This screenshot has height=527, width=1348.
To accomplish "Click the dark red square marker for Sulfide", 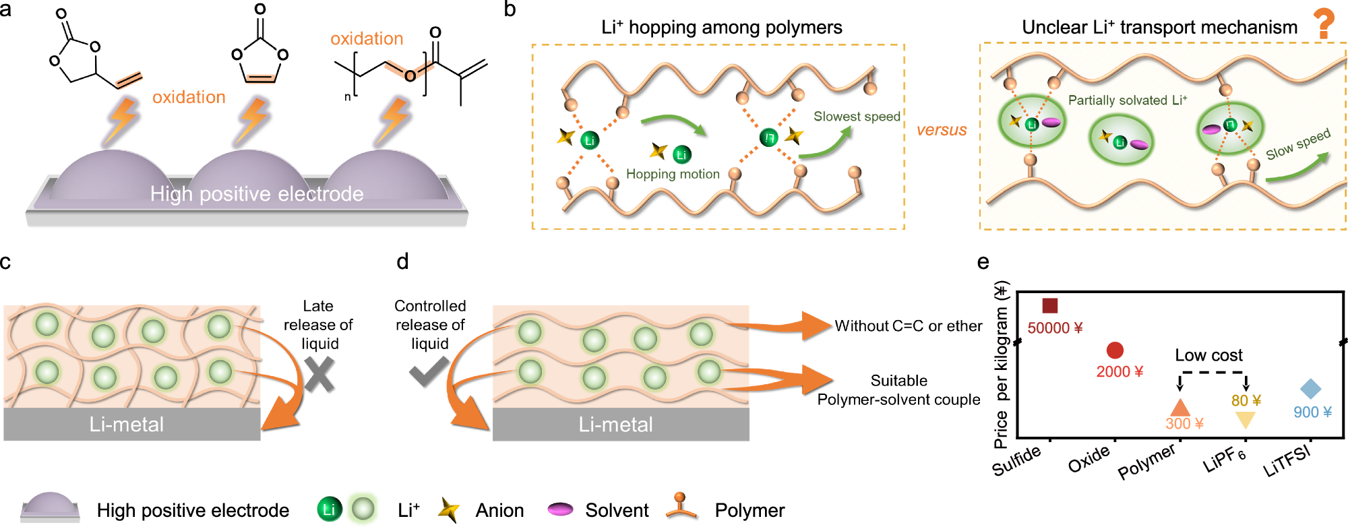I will tap(1049, 305).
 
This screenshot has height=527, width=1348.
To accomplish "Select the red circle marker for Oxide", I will tap(1115, 350).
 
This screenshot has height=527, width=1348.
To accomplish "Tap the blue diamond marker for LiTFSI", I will tap(1310, 389).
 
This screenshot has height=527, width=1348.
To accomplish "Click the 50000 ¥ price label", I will tap(1055, 328).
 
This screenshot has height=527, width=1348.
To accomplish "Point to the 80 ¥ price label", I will tap(1246, 400).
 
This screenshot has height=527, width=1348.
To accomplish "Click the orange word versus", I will tap(941, 130).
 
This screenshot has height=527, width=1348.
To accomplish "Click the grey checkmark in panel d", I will tap(429, 371).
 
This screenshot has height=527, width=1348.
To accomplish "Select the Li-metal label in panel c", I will tap(127, 425).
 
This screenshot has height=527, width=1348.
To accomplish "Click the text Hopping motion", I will tap(673, 174).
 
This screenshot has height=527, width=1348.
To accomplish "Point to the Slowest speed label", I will tap(857, 117).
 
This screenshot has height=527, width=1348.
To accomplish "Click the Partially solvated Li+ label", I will tap(1127, 100).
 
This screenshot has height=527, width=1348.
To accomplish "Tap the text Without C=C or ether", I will tap(908, 326).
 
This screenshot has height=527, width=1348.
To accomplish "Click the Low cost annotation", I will tap(1208, 355).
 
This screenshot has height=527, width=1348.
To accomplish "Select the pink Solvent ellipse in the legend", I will tap(560, 509).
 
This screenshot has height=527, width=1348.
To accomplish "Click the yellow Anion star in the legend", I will tap(448, 510).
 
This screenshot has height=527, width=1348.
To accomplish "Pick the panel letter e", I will tap(983, 261).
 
